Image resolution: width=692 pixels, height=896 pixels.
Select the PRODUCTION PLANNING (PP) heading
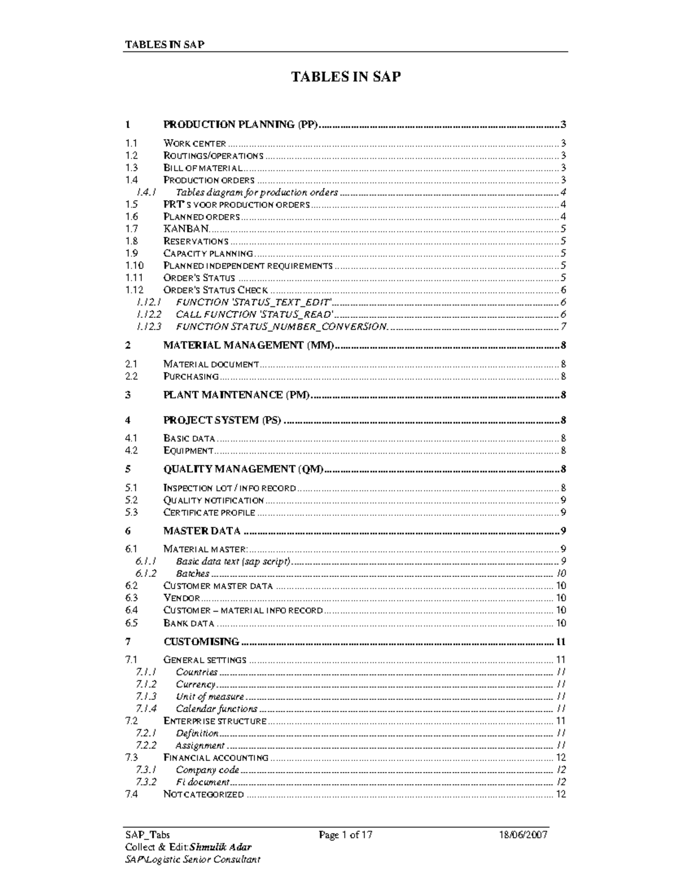click(x=240, y=125)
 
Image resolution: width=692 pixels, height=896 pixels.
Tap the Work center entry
click(x=195, y=144)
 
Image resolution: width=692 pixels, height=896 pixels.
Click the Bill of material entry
click(x=203, y=168)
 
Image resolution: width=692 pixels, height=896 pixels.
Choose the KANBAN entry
click(x=185, y=229)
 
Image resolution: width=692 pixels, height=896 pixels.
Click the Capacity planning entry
click(x=208, y=253)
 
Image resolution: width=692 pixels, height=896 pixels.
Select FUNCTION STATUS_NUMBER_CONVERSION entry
click(x=281, y=327)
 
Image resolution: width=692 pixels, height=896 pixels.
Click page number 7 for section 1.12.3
click(x=563, y=327)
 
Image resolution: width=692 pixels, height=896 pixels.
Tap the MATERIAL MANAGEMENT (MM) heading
click(x=249, y=346)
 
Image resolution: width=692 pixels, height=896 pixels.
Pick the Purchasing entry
click(x=191, y=377)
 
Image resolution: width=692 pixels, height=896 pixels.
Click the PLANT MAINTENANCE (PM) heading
click(x=236, y=395)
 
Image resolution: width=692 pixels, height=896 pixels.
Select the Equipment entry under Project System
click(x=189, y=451)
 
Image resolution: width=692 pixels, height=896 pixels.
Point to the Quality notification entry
click(x=213, y=500)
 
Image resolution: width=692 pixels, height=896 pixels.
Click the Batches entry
click(x=193, y=573)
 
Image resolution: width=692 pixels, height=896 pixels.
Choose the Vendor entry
click(x=182, y=598)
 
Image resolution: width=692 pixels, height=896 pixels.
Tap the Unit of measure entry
click(x=210, y=696)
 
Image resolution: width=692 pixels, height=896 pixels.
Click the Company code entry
click(x=207, y=770)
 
